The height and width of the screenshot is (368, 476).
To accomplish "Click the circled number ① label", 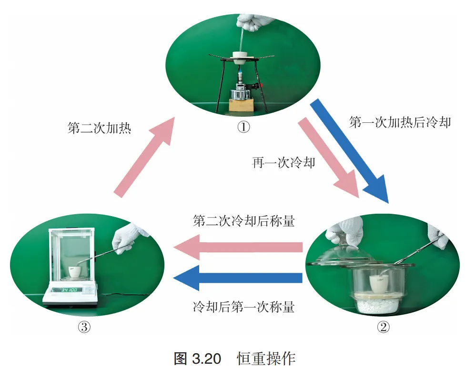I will pyautogui.click(x=243, y=127).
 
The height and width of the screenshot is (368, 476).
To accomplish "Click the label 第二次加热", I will pyautogui.click(x=99, y=128).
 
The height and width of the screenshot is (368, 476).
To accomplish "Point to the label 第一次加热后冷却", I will pyautogui.click(x=400, y=122).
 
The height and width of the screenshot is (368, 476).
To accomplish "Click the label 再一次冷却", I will pyautogui.click(x=284, y=163).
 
